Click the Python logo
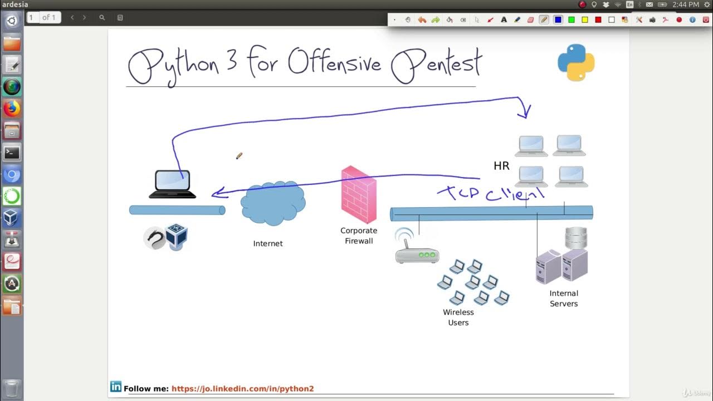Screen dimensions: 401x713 [576, 62]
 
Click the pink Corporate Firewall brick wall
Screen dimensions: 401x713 [359, 195]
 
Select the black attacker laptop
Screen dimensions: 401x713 [173, 184]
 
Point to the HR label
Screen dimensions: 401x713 [501, 166]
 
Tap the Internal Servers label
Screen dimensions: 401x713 [564, 299]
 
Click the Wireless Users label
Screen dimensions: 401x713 [458, 317]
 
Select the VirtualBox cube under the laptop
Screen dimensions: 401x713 [177, 237]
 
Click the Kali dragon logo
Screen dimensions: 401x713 [154, 238]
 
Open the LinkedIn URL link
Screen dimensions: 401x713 [242, 389]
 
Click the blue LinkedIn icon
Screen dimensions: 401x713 [116, 387]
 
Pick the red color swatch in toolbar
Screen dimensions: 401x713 [598, 19]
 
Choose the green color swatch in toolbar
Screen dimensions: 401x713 [572, 19]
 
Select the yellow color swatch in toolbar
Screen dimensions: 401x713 [585, 19]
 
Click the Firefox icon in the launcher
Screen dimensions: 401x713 [12, 108]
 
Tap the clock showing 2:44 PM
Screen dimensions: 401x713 [686, 4]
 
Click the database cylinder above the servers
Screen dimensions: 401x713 [576, 238]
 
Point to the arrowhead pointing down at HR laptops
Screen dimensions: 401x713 [524, 114]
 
